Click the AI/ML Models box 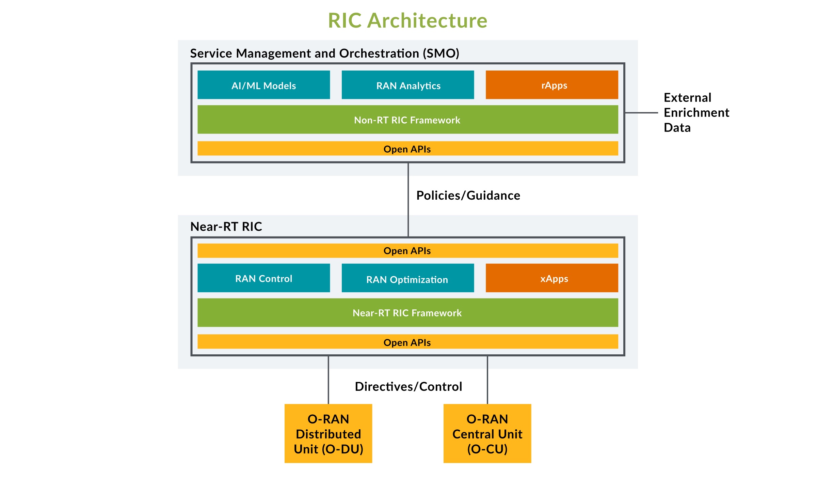[x=263, y=85]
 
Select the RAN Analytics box [x=407, y=85]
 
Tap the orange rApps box [x=551, y=85]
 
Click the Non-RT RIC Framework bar [x=407, y=120]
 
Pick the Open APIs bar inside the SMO [x=407, y=149]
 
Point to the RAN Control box [x=263, y=278]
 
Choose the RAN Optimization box [x=407, y=278]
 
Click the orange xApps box [x=551, y=278]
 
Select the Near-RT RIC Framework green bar [x=407, y=313]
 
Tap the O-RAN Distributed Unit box [x=328, y=433]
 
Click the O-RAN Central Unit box [x=487, y=433]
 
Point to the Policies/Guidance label [x=468, y=196]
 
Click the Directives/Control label [x=408, y=387]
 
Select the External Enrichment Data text [x=696, y=112]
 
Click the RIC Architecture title [x=407, y=20]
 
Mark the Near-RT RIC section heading [x=226, y=227]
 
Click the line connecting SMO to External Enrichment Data [x=641, y=113]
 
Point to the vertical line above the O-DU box [x=328, y=380]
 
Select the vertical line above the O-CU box [x=487, y=380]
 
